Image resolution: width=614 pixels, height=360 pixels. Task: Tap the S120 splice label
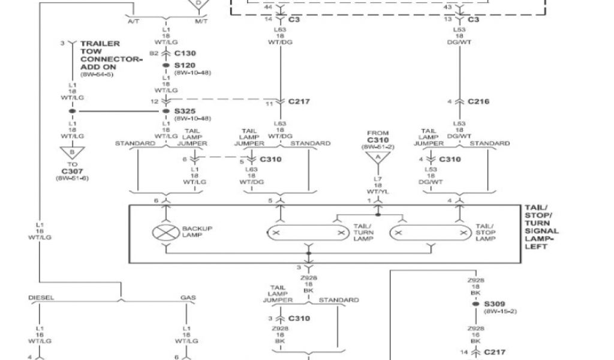[x=185, y=65]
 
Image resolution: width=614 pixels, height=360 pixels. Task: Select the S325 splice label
[x=185, y=111]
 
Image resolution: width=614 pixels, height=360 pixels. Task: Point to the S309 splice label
[x=495, y=304]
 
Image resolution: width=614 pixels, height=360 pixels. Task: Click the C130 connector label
[x=185, y=53]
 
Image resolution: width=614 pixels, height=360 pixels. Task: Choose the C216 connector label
[x=478, y=101]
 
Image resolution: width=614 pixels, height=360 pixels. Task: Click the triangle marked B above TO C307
[x=72, y=152]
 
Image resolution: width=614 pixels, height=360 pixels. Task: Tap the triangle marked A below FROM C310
[x=378, y=158]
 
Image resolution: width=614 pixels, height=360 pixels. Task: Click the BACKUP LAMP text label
[x=197, y=232]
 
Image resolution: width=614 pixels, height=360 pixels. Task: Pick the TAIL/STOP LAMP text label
[x=486, y=232]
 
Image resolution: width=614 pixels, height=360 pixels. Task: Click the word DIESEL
[x=41, y=298]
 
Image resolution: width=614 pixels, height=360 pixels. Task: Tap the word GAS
[x=188, y=298]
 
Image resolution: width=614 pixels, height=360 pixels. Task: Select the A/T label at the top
[x=134, y=22]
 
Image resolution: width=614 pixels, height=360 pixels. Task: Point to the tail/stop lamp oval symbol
[x=429, y=232]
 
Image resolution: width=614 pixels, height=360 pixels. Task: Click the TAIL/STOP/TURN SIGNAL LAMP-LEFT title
[x=541, y=227]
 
